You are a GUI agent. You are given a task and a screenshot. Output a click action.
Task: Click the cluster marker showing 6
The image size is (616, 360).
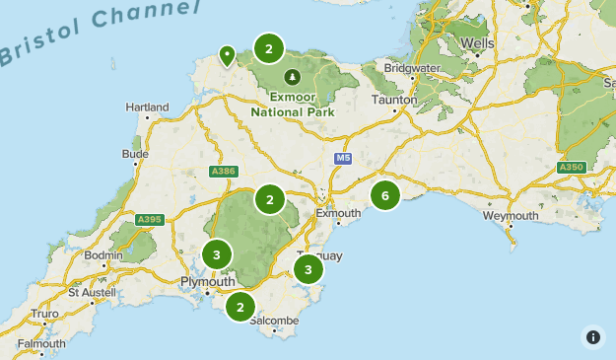pos(385,196)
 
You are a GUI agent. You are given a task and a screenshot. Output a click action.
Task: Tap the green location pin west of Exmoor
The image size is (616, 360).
pos(228,55)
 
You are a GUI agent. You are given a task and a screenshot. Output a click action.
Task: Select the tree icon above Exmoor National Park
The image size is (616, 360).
pos(292,76)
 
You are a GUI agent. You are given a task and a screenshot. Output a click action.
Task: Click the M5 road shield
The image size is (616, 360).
pos(342,159)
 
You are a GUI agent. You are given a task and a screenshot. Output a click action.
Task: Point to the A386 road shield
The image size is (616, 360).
pos(224,172)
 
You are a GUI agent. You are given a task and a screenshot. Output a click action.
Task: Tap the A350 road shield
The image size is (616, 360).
pos(572,168)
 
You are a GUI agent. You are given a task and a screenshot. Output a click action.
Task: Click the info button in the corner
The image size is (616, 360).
pos(592,336)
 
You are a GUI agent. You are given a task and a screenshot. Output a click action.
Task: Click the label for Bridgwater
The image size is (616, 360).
pos(413,68)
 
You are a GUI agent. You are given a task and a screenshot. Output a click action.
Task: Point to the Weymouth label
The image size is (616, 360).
pos(511,216)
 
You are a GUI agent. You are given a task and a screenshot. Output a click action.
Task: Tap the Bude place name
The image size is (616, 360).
pos(135,154)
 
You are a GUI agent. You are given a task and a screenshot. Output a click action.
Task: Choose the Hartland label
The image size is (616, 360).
pos(143,108)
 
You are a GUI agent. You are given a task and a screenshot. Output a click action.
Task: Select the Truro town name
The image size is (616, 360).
pos(44,314)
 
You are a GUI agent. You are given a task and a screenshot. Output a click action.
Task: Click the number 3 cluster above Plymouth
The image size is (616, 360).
pos(217,255)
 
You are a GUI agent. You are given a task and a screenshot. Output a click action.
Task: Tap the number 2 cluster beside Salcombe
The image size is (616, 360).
pos(240,307)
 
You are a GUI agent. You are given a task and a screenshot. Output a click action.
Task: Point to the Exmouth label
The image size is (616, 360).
pos(338,213)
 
